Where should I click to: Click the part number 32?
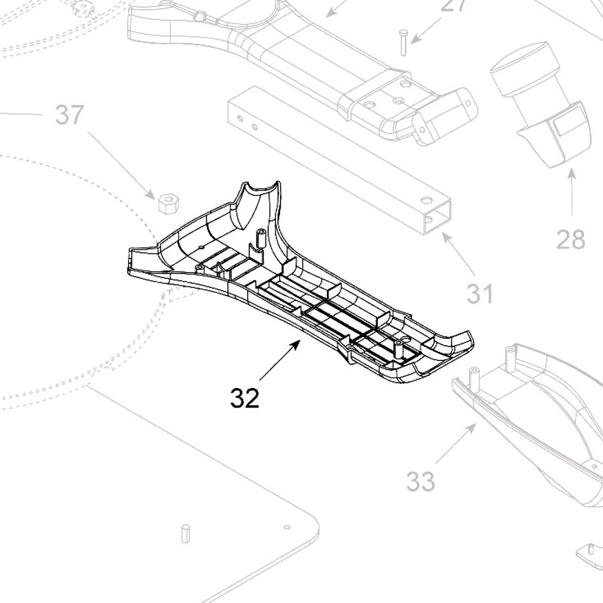pos(245,399)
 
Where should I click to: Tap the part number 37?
pos(70,115)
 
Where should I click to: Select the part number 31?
pos(480,293)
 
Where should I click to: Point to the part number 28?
pos(570,239)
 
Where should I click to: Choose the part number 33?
pos(420,480)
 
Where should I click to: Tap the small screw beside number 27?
pos(403,42)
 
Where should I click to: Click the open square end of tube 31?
pos(438,218)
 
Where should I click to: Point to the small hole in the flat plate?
pos(286,527)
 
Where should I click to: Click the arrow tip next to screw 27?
pos(414,42)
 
